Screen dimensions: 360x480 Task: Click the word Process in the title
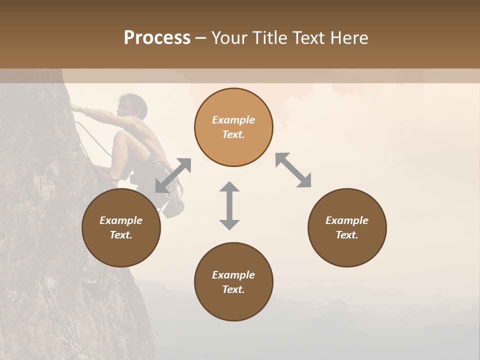tap(157, 38)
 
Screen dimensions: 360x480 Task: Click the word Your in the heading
tap(230, 38)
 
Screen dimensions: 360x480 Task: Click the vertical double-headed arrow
tap(229, 205)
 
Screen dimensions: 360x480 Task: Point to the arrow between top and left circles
tap(173, 175)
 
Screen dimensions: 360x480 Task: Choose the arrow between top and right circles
tap(293, 170)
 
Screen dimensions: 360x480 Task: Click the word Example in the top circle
tap(233, 120)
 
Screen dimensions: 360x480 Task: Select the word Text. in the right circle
tap(347, 235)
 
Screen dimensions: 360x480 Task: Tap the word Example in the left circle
tap(121, 220)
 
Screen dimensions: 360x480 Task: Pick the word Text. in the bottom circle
tap(233, 289)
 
